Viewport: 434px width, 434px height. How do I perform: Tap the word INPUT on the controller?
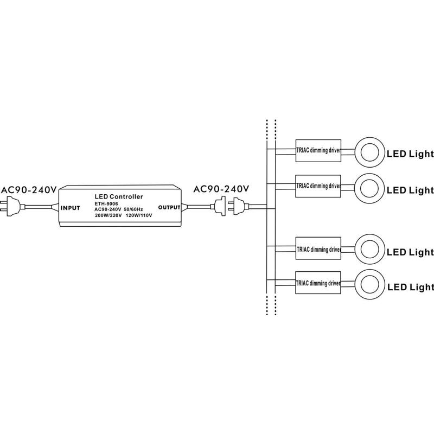coord(71,208)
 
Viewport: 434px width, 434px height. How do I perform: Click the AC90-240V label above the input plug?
coord(29,190)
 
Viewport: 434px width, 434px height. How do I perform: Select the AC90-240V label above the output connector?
coord(221,189)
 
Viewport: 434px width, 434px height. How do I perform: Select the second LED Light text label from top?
coord(410,190)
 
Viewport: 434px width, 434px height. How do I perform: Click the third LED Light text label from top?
coord(410,252)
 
